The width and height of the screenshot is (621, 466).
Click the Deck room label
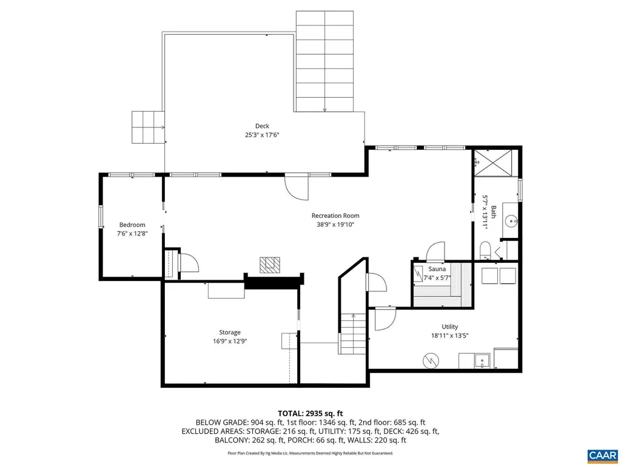pos(261,126)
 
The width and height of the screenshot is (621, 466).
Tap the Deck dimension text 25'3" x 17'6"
pos(261,135)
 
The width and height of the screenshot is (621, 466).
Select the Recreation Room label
pos(335,215)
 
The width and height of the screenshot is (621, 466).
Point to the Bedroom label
pos(132,225)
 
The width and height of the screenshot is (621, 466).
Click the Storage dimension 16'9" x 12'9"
pos(229,341)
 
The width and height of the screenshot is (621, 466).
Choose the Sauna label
pos(437,269)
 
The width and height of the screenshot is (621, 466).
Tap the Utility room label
pos(449,326)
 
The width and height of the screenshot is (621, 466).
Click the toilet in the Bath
pos(485,251)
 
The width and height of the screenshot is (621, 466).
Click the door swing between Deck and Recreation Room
pos(297,187)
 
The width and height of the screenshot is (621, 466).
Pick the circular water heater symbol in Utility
pos(431,360)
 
